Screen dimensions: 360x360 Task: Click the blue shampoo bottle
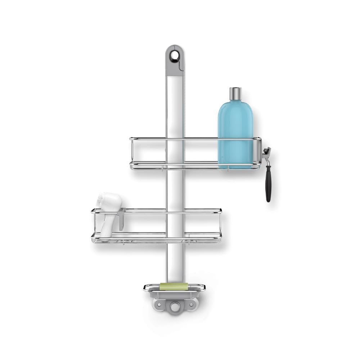(235, 133)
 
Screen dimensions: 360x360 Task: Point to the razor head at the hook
(267, 153)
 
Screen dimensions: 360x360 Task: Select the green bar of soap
(174, 287)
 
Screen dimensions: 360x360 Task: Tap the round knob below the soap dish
(175, 307)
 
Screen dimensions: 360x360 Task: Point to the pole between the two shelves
(175, 189)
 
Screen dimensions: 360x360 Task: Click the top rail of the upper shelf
(194, 139)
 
